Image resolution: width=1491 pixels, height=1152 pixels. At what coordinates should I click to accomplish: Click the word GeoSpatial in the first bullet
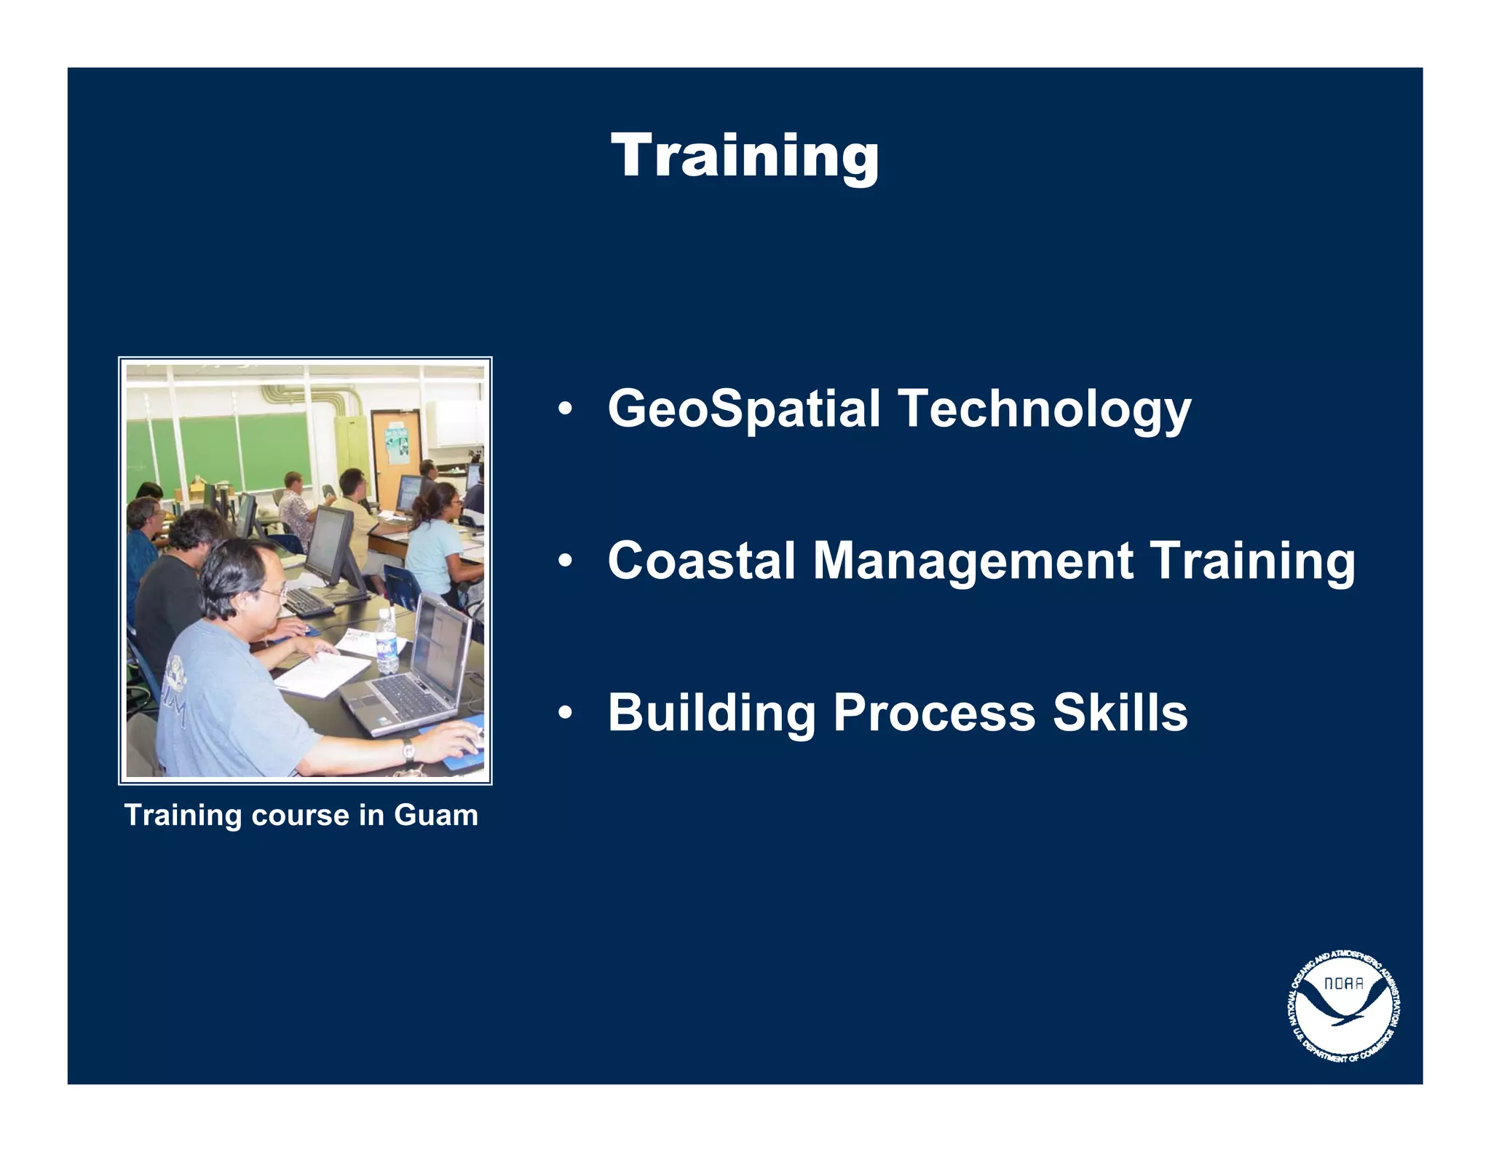[744, 409]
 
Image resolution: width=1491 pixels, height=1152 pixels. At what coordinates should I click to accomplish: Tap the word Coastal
[702, 561]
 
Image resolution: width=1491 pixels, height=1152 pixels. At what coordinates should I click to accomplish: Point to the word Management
[972, 562]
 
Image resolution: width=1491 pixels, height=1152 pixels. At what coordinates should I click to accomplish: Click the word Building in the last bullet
[711, 713]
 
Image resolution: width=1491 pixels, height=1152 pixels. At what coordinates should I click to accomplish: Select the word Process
[934, 713]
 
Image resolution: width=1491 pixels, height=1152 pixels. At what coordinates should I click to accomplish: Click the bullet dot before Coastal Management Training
[565, 561]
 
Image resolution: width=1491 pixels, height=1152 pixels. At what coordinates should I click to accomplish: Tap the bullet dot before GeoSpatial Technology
[565, 409]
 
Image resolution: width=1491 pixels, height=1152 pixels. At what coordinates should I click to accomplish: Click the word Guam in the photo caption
[435, 815]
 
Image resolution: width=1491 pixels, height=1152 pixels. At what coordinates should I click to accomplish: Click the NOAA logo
[1344, 1006]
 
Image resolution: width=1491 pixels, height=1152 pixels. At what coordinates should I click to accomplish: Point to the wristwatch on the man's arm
[408, 750]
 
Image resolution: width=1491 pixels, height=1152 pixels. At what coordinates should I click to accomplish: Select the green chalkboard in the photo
[218, 451]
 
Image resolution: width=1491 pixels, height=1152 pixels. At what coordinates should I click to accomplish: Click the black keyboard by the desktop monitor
[307, 601]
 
